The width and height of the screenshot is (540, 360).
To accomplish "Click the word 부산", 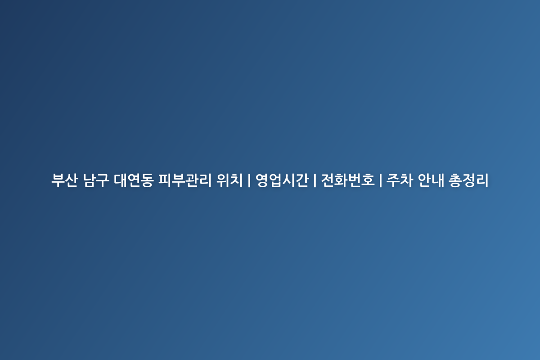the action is coord(65,180).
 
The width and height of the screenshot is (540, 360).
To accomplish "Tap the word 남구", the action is coord(96,180).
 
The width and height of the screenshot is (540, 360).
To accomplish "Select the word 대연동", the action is coord(134,180).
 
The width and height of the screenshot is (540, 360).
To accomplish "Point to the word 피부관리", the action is coord(184,180).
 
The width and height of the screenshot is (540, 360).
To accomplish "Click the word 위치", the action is coord(229,180).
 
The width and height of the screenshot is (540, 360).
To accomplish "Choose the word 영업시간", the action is coord(282,180).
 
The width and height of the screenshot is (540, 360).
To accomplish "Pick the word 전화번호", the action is coord(348,180).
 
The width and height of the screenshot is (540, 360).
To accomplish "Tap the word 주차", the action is coord(400,180).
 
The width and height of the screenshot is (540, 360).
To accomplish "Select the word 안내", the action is coord(431,180).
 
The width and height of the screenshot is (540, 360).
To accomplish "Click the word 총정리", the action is coord(468,180).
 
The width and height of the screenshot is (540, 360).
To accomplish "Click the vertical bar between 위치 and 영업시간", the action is coord(249,180).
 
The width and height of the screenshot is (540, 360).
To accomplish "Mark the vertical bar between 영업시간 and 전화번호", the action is coord(315,180).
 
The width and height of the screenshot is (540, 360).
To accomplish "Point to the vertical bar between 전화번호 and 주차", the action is coord(380,180).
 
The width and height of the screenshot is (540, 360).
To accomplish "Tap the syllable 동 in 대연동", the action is coord(147,180).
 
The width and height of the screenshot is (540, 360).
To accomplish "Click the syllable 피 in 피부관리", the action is coord(165,180).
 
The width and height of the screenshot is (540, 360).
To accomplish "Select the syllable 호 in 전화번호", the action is coord(368,180).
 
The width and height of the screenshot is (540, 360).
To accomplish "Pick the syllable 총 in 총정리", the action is coord(455,180).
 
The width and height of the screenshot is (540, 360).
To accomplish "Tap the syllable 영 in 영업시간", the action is coord(262,180).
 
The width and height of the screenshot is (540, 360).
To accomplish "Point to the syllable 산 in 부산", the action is coord(72,180).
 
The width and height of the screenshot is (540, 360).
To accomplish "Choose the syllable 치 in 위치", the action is coord(236,180).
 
